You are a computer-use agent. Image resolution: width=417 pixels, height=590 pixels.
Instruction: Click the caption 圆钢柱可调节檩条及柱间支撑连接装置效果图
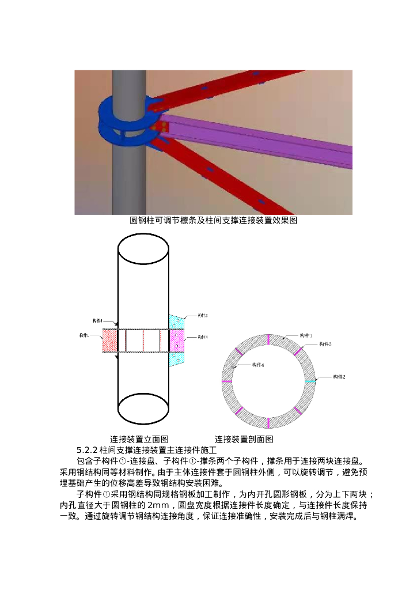(213, 221)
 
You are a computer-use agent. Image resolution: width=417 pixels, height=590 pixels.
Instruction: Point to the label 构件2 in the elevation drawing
(202, 316)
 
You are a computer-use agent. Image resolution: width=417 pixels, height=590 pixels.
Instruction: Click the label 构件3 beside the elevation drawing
(202, 337)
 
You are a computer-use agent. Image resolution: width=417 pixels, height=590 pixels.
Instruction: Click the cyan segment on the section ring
(310, 381)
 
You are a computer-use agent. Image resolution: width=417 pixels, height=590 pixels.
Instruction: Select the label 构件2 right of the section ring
(339, 377)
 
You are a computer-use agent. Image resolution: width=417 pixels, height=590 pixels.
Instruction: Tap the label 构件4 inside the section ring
(258, 365)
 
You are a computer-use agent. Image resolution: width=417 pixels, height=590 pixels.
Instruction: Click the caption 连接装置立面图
(139, 439)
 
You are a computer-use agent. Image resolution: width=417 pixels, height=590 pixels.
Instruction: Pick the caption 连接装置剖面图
(244, 439)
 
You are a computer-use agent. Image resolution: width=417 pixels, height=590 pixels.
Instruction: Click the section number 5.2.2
(87, 450)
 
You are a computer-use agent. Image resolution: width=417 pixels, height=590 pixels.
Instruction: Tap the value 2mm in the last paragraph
(158, 505)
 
